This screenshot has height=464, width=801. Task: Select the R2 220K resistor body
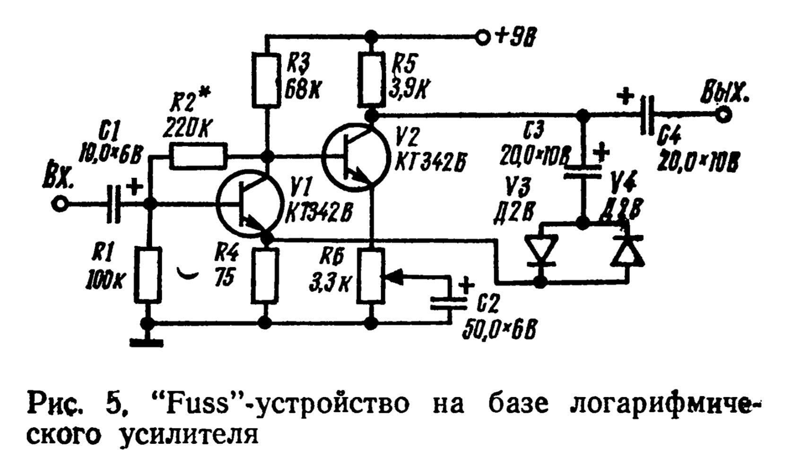point(198,156)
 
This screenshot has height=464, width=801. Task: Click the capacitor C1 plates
point(113,204)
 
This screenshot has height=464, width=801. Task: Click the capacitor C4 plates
point(646,114)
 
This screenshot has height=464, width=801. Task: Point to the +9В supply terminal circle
point(482,36)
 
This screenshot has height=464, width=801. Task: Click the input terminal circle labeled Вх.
point(60,204)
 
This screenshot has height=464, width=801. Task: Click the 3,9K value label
point(406,89)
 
